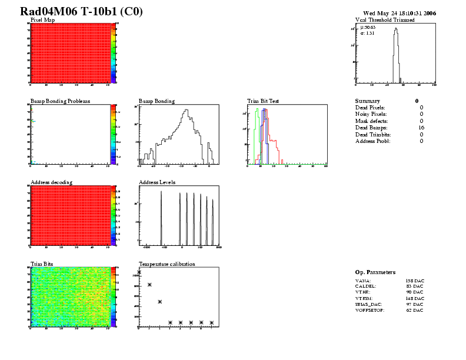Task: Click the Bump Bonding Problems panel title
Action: [60, 101]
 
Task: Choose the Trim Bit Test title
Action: [262, 101]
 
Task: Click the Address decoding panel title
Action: [51, 182]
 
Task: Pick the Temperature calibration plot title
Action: [167, 264]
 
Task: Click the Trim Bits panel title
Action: [42, 264]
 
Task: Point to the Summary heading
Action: [368, 101]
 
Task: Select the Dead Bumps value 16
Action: [421, 128]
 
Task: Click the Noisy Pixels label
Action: [371, 114]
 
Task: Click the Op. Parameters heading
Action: [375, 272]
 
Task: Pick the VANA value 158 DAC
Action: [414, 281]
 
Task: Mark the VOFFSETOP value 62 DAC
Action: [415, 310]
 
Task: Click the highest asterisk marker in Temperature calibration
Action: [139, 272]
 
